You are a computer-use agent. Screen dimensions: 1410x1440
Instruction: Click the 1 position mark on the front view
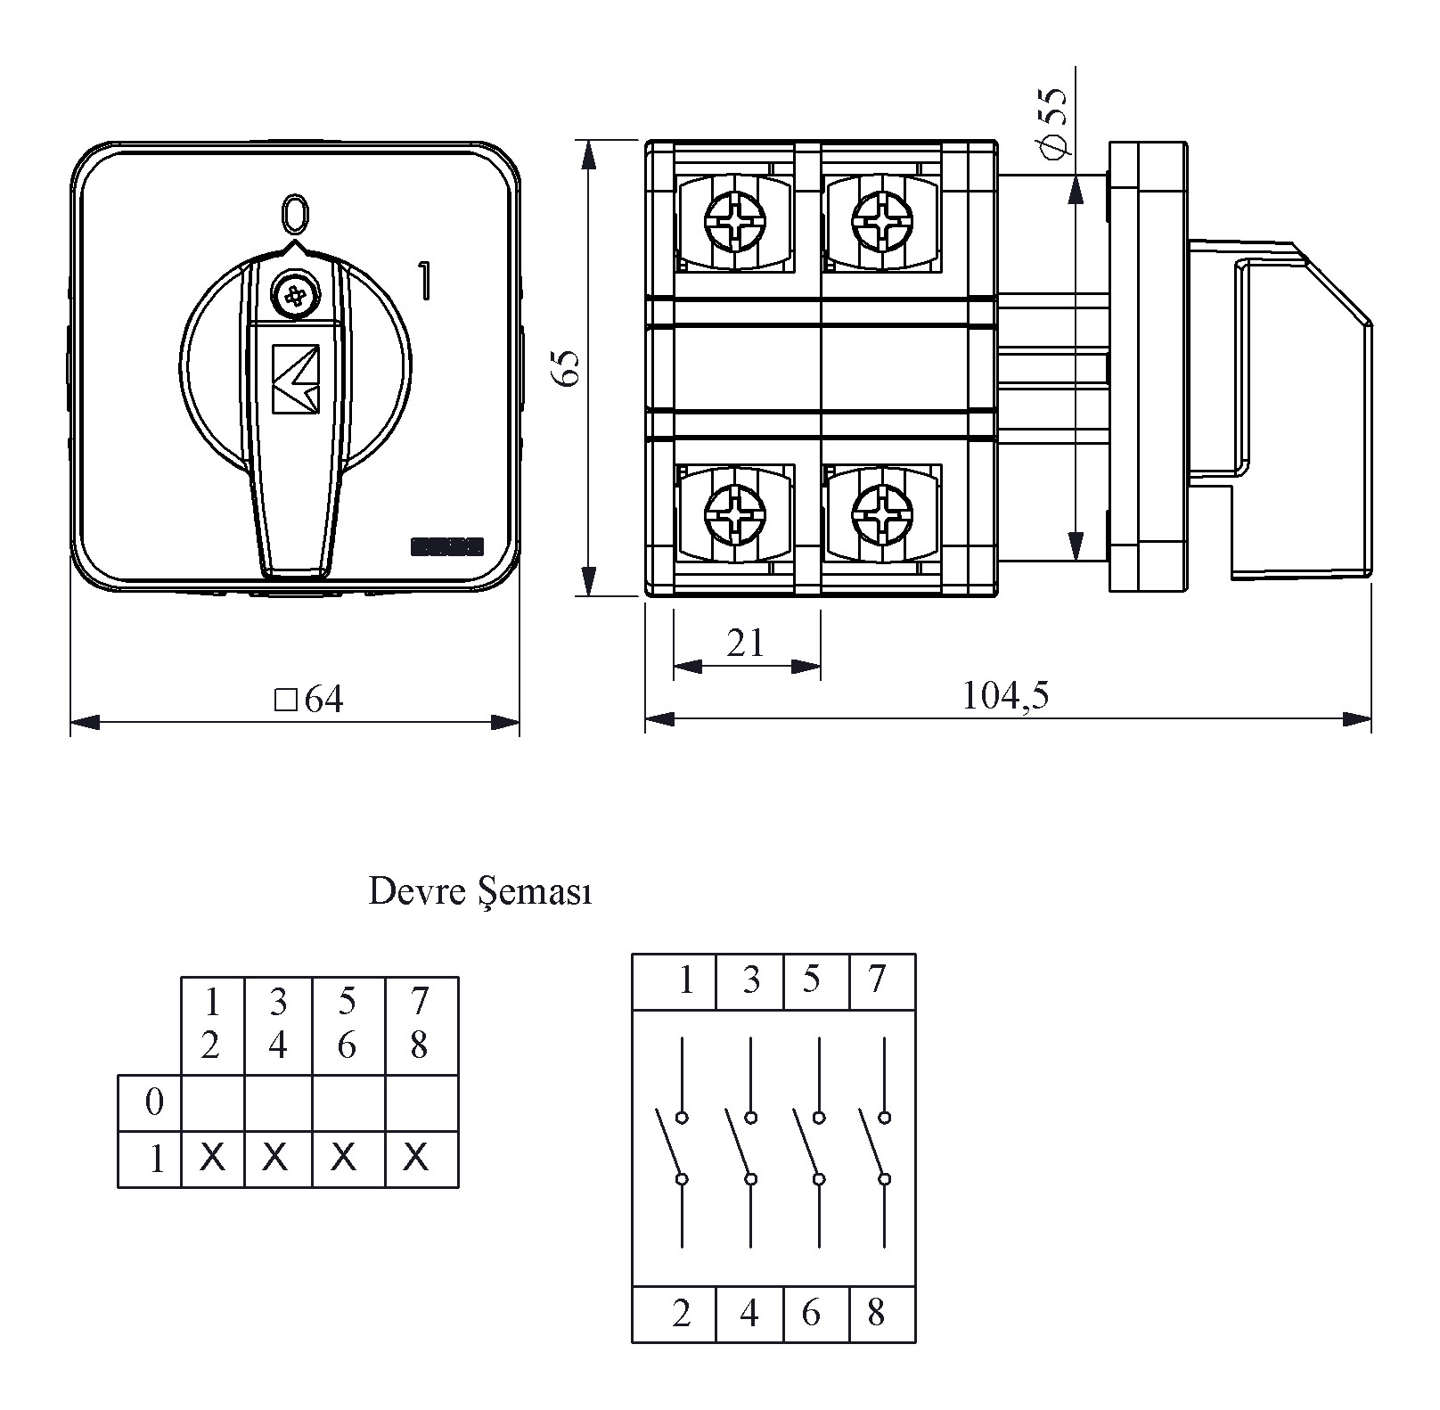424,280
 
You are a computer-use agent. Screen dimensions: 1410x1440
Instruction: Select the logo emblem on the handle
295,378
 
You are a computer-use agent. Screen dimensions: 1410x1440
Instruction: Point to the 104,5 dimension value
1005,695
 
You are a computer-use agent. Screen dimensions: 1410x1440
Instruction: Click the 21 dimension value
745,642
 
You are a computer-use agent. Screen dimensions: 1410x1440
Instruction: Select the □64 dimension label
309,700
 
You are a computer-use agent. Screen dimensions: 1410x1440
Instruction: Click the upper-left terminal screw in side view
734,219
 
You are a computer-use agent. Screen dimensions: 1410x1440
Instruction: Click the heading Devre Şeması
479,892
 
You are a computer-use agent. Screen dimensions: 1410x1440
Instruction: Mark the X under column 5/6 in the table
345,1158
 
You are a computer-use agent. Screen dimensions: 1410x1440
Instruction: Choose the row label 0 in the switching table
154,1103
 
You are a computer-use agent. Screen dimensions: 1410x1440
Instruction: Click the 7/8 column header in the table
420,1024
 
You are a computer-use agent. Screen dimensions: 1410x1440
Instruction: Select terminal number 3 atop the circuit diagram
751,980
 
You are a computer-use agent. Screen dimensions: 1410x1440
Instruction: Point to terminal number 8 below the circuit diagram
876,1312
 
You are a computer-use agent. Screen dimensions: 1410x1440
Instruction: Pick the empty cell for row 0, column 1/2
212,1103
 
